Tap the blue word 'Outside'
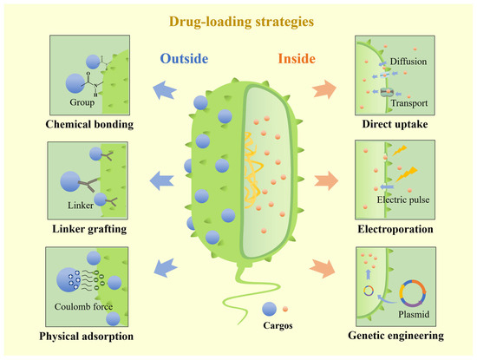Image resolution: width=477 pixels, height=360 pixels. (x=186, y=60)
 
